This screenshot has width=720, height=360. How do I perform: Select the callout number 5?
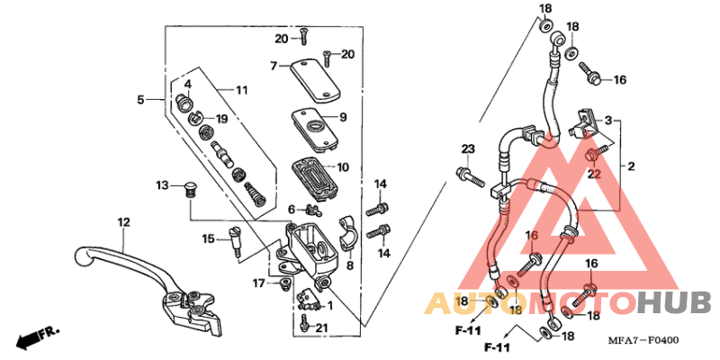[x=140, y=100]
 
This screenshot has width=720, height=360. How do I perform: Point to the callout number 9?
[x=343, y=117]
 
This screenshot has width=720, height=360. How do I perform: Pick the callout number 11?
[x=241, y=90]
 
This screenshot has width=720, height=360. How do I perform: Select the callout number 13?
[x=162, y=184]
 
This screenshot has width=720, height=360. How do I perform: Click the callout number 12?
[x=123, y=221]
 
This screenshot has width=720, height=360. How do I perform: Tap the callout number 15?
[x=207, y=238]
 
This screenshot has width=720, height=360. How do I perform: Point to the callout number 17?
[x=258, y=283]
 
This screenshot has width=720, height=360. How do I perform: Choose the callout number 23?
[x=468, y=148]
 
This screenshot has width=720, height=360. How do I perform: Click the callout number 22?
[x=593, y=173]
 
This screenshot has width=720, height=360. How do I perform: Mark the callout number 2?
[x=632, y=166]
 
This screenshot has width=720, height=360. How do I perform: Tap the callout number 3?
[x=608, y=120]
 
